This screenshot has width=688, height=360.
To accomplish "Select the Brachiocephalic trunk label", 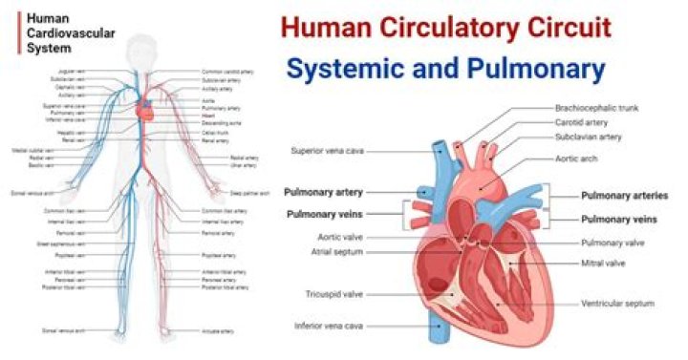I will (597, 108).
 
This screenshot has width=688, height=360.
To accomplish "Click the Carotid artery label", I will (581, 122).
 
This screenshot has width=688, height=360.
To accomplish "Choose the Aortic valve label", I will (340, 237).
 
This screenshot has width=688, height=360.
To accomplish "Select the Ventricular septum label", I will (617, 304).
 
